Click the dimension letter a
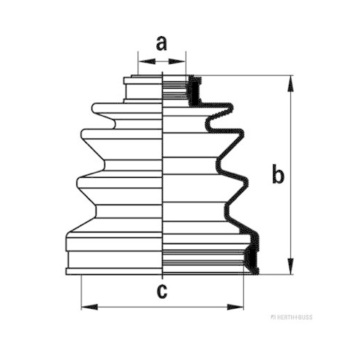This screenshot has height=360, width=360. pyautogui.click(x=161, y=43)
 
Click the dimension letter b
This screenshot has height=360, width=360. pyautogui.click(x=278, y=174)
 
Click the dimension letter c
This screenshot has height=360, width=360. pyautogui.click(x=162, y=291)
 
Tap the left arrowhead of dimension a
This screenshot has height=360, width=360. pyautogui.click(x=147, y=61)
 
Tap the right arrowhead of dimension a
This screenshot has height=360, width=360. pyautogui.click(x=177, y=61)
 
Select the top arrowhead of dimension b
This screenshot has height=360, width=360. pyautogui.click(x=290, y=84)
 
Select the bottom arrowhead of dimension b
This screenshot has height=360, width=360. pyautogui.click(x=290, y=266)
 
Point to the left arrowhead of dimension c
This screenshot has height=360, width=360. pyautogui.click(x=89, y=307)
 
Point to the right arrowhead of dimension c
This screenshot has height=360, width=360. pyautogui.click(x=235, y=307)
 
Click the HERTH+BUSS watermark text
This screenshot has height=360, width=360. pyautogui.click(x=292, y=318)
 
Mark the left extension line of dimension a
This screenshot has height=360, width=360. pyautogui.click(x=138, y=63)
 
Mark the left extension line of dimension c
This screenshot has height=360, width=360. pyautogui.click(x=81, y=292)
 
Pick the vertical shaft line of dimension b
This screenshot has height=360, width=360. pyautogui.click(x=290, y=175)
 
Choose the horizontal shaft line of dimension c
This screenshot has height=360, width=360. pyautogui.click(x=163, y=307)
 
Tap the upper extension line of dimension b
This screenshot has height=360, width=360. pyautogui.click(x=240, y=76)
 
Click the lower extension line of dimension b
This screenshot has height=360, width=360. pyautogui.click(x=276, y=274)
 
